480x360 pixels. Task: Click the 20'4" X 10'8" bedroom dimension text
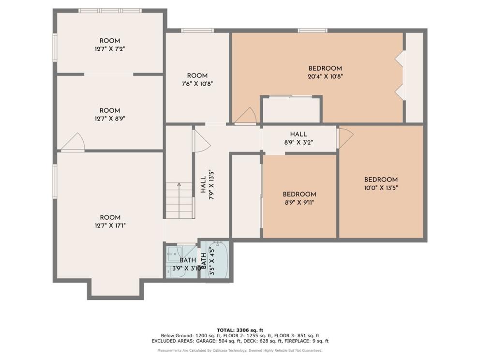[x=325, y=76]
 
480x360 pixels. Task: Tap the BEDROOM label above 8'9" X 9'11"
[x=300, y=194]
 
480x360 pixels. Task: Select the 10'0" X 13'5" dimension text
[x=381, y=188]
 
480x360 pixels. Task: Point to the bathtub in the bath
[x=218, y=259]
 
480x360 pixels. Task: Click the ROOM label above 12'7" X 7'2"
[x=110, y=41]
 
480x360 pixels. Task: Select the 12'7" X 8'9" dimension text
[x=110, y=119]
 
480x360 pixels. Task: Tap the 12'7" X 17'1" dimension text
[x=110, y=225]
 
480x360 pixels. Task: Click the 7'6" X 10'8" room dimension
[x=197, y=84]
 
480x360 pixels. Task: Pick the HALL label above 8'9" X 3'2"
[x=299, y=134]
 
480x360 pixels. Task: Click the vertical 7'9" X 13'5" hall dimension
[x=211, y=185]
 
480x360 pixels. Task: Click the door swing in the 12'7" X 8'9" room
[x=74, y=143]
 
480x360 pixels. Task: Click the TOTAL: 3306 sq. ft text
[x=240, y=330]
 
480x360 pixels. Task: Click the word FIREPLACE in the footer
[x=297, y=341]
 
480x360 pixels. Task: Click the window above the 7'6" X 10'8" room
[x=197, y=30]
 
